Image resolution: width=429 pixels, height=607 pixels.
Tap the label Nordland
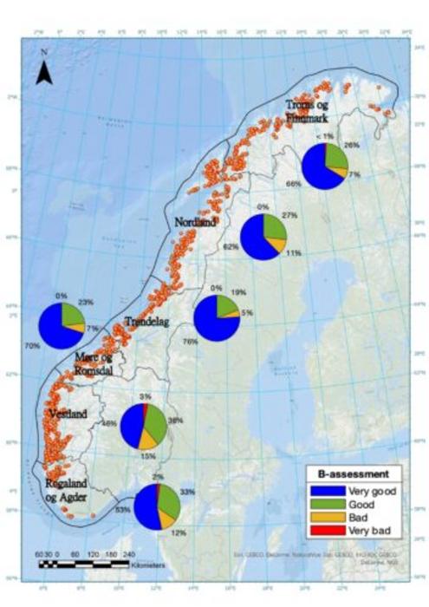coord(195,221)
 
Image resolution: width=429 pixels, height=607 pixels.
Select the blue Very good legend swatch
coord(324,490)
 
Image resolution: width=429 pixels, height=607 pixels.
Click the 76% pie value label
coord(186,341)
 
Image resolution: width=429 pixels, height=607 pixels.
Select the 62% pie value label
coord(231,247)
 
